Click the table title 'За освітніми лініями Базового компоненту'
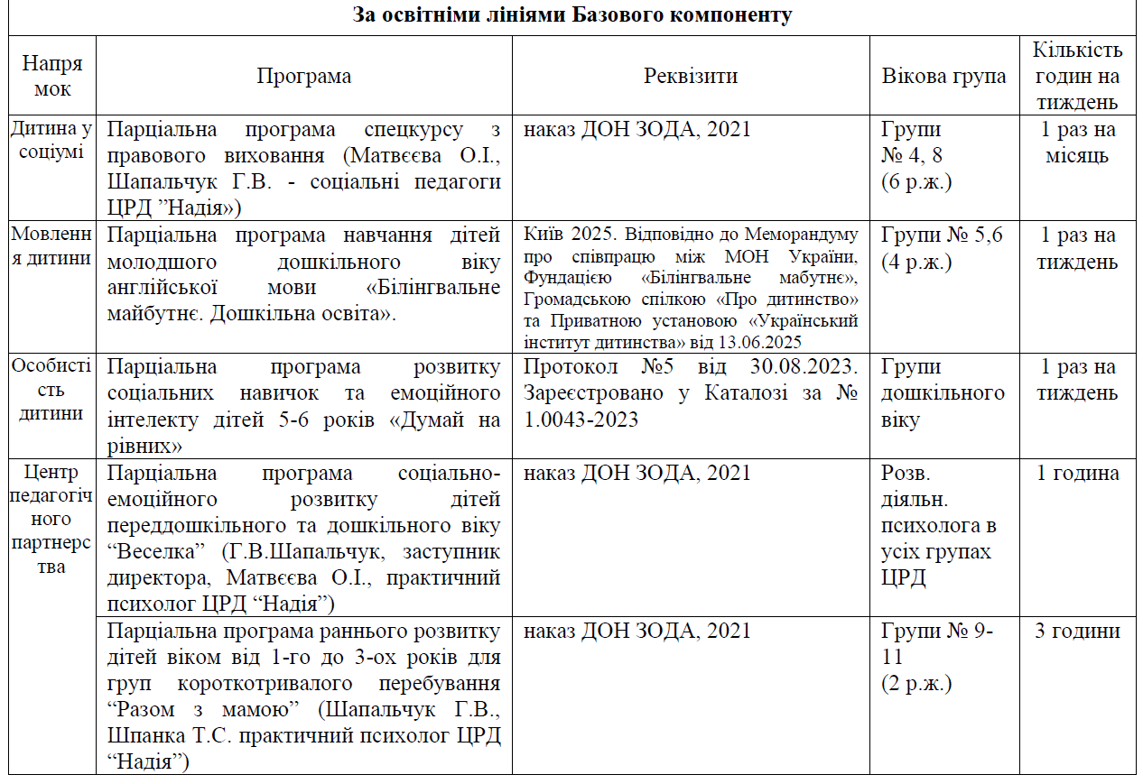click(571, 15)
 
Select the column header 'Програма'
click(303, 76)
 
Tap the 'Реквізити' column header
click(691, 76)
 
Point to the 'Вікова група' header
click(943, 76)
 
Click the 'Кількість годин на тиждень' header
click(1077, 76)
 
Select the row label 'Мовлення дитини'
click(51, 245)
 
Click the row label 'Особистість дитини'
click(51, 390)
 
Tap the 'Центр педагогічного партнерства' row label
click(51, 520)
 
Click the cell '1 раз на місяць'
click(1077, 143)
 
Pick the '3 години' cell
click(1077, 631)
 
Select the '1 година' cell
click(1077, 474)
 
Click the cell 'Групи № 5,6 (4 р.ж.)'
click(942, 249)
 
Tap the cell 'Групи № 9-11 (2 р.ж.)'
click(936, 657)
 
